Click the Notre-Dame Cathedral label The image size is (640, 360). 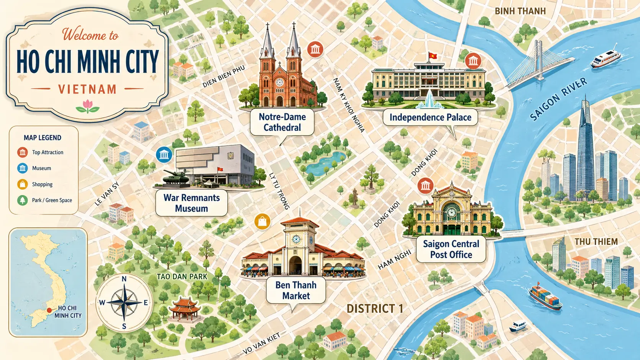click(282, 122)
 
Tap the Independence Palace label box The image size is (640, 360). click(430, 117)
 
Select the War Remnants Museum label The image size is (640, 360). click(191, 203)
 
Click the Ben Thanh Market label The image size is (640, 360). click(296, 290)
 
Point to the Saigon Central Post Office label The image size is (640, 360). click(451, 249)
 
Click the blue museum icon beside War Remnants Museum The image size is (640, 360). click(164, 155)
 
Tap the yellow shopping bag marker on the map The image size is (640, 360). click(262, 222)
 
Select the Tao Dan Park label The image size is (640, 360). click(182, 277)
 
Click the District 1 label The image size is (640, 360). click(375, 309)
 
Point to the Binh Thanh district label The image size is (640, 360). click(520, 11)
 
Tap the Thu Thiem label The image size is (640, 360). click(596, 242)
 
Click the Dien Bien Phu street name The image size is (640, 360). click(224, 77)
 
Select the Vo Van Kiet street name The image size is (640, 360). click(261, 343)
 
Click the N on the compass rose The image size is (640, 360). click(124, 279)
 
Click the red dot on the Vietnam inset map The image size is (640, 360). click(49, 311)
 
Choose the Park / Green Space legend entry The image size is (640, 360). click(45, 200)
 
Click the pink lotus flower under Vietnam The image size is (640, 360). click(88, 106)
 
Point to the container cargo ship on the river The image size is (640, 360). click(545, 298)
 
